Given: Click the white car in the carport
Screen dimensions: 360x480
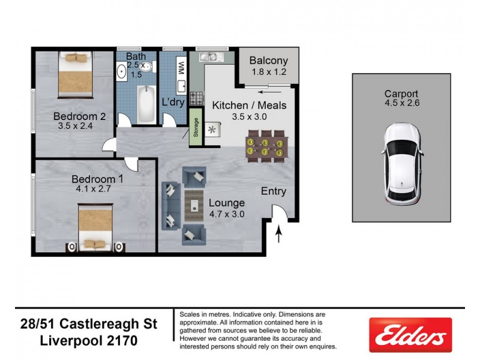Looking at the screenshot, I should point(401,164).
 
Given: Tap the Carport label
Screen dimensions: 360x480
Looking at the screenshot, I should point(401,94).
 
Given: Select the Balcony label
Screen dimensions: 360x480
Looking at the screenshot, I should point(268,61).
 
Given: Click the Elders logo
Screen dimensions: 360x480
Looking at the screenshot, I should point(410,334).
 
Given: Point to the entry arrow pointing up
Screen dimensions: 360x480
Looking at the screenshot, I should point(280,233).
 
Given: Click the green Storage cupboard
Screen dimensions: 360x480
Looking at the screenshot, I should point(196,127).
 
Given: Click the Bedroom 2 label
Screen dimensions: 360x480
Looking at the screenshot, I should point(79,116).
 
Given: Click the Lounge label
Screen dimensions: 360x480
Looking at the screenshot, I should point(226,202).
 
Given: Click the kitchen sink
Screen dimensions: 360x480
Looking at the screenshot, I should point(211,57).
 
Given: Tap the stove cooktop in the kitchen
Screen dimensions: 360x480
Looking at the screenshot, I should point(196,98).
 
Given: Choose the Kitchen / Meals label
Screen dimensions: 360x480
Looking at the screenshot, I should point(249,106).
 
